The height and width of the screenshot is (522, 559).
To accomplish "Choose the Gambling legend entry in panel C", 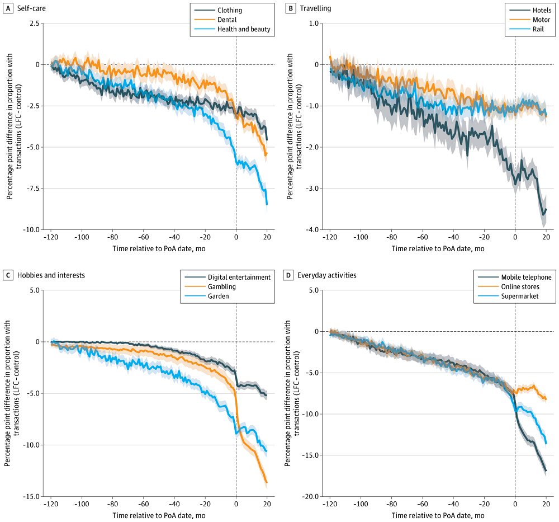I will [222, 286].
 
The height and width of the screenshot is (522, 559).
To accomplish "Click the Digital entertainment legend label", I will [239, 277].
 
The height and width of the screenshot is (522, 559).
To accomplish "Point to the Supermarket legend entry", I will [519, 296].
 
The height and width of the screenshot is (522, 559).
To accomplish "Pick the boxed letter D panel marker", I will [288, 275].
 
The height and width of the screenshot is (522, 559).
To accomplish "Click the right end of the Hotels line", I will [546, 209].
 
